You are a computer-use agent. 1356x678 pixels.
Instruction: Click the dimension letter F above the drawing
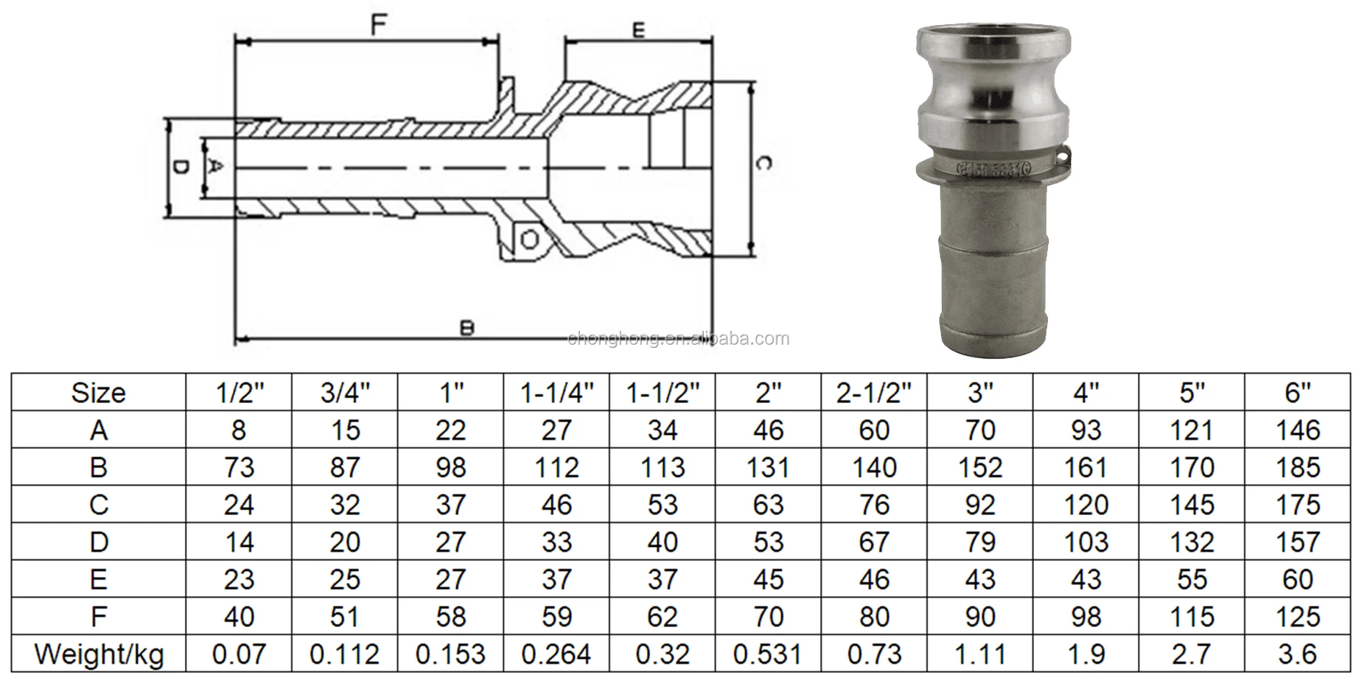point(378,25)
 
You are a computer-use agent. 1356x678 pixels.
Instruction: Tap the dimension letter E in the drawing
point(638,30)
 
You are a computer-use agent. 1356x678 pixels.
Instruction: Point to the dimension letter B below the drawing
point(466,328)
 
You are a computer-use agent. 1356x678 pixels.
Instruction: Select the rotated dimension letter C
point(763,163)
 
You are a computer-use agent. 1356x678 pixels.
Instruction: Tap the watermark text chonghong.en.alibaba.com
point(678,339)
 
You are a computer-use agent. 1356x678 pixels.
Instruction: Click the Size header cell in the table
point(98,393)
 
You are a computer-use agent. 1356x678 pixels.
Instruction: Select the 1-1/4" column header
point(556,393)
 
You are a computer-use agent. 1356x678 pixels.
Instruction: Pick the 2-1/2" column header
point(874,393)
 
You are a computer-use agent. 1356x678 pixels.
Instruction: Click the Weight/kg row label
point(99,654)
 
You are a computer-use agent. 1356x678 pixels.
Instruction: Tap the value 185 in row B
point(1298,467)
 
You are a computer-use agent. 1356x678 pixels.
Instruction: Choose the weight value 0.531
point(768,654)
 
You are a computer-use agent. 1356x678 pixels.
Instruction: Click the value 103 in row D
point(1086,542)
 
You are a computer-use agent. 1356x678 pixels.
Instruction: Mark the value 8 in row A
point(239,430)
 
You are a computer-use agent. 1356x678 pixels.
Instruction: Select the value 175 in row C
point(1298,505)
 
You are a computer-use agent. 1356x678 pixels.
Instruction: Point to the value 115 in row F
point(1192,617)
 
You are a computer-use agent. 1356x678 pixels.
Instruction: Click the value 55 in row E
point(1192,579)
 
